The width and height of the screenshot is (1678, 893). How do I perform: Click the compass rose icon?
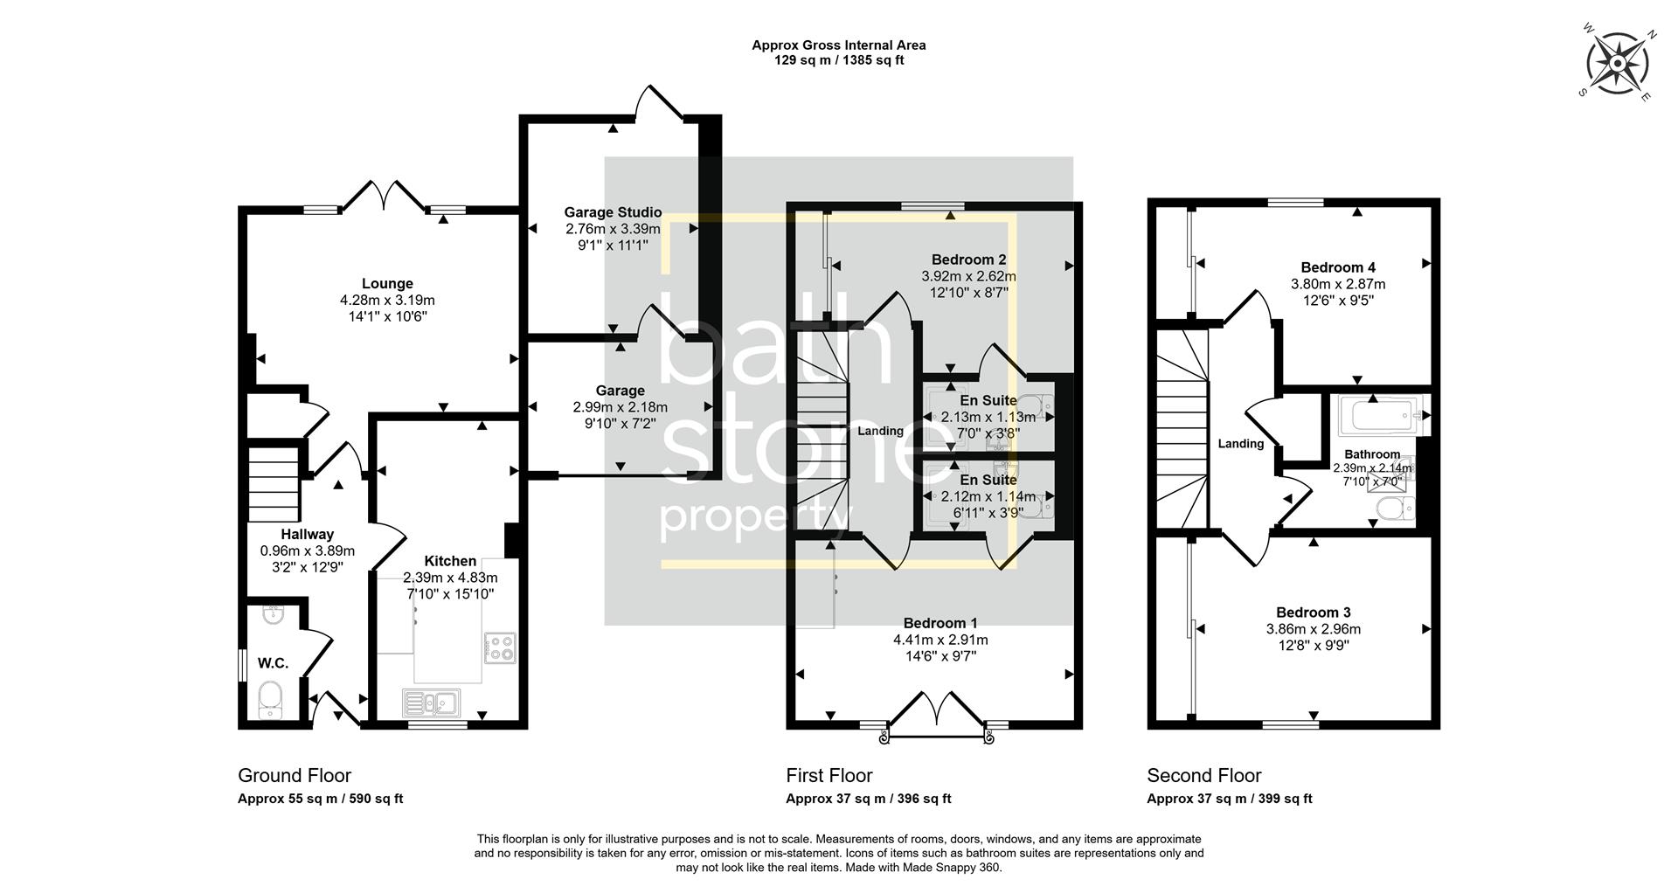pos(1618,64)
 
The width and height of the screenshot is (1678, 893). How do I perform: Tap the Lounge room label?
pos(387,284)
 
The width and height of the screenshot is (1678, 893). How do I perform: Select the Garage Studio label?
pos(613,212)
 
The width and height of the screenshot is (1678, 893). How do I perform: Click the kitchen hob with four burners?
pos(500,647)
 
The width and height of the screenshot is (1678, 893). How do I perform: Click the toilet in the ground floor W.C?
pos(271,700)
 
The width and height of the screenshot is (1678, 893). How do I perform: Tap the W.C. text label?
pos(273,663)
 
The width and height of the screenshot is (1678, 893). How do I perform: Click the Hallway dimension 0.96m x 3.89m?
pos(308,551)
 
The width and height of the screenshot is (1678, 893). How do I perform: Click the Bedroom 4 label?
pos(1337,267)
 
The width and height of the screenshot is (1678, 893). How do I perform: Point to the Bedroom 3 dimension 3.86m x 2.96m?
pos(1313,629)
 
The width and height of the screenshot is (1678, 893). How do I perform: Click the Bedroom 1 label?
pos(940,623)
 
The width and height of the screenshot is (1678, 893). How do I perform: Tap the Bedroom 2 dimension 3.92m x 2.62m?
pos(968,276)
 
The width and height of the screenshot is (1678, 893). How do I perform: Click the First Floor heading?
pos(829,775)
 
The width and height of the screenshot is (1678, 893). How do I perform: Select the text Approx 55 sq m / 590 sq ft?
pos(320,799)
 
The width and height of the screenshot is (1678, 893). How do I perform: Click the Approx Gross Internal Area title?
pos(838,45)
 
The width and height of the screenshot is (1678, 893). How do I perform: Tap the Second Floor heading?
pos(1203,775)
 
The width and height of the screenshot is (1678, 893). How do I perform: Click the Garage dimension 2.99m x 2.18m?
pos(620,407)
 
